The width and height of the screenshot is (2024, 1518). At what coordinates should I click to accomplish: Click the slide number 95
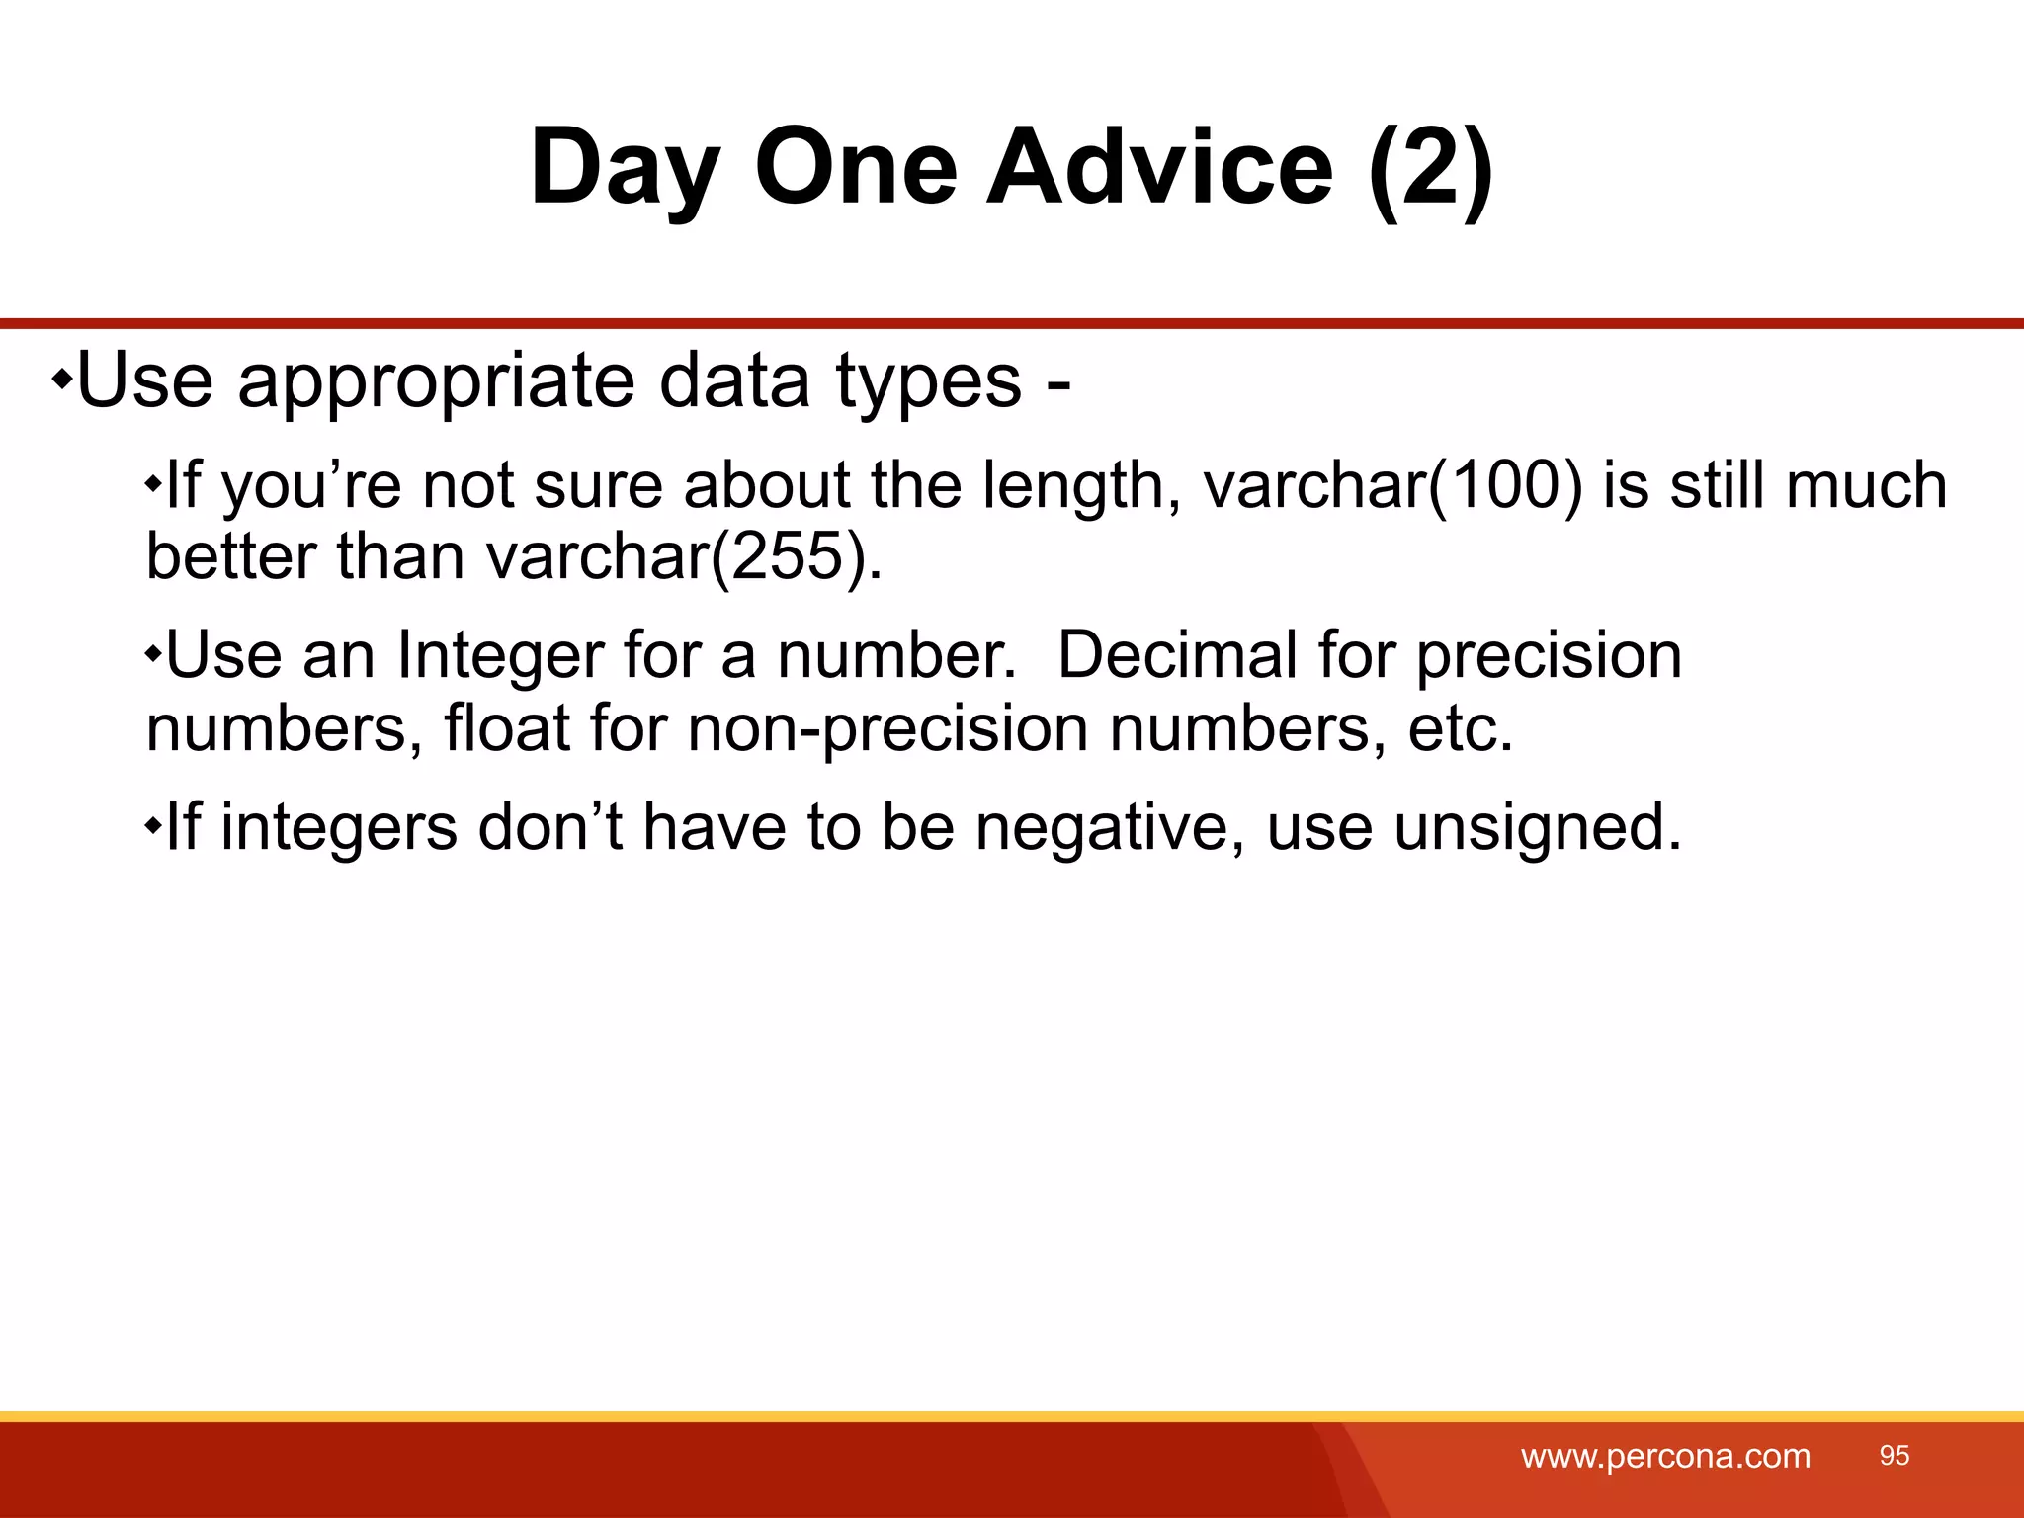pos(1894,1455)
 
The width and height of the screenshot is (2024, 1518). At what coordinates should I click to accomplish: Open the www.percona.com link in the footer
pos(1665,1457)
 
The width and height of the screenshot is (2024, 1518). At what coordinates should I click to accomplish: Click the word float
pos(506,729)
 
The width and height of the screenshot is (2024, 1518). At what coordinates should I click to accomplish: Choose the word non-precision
pos(887,729)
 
